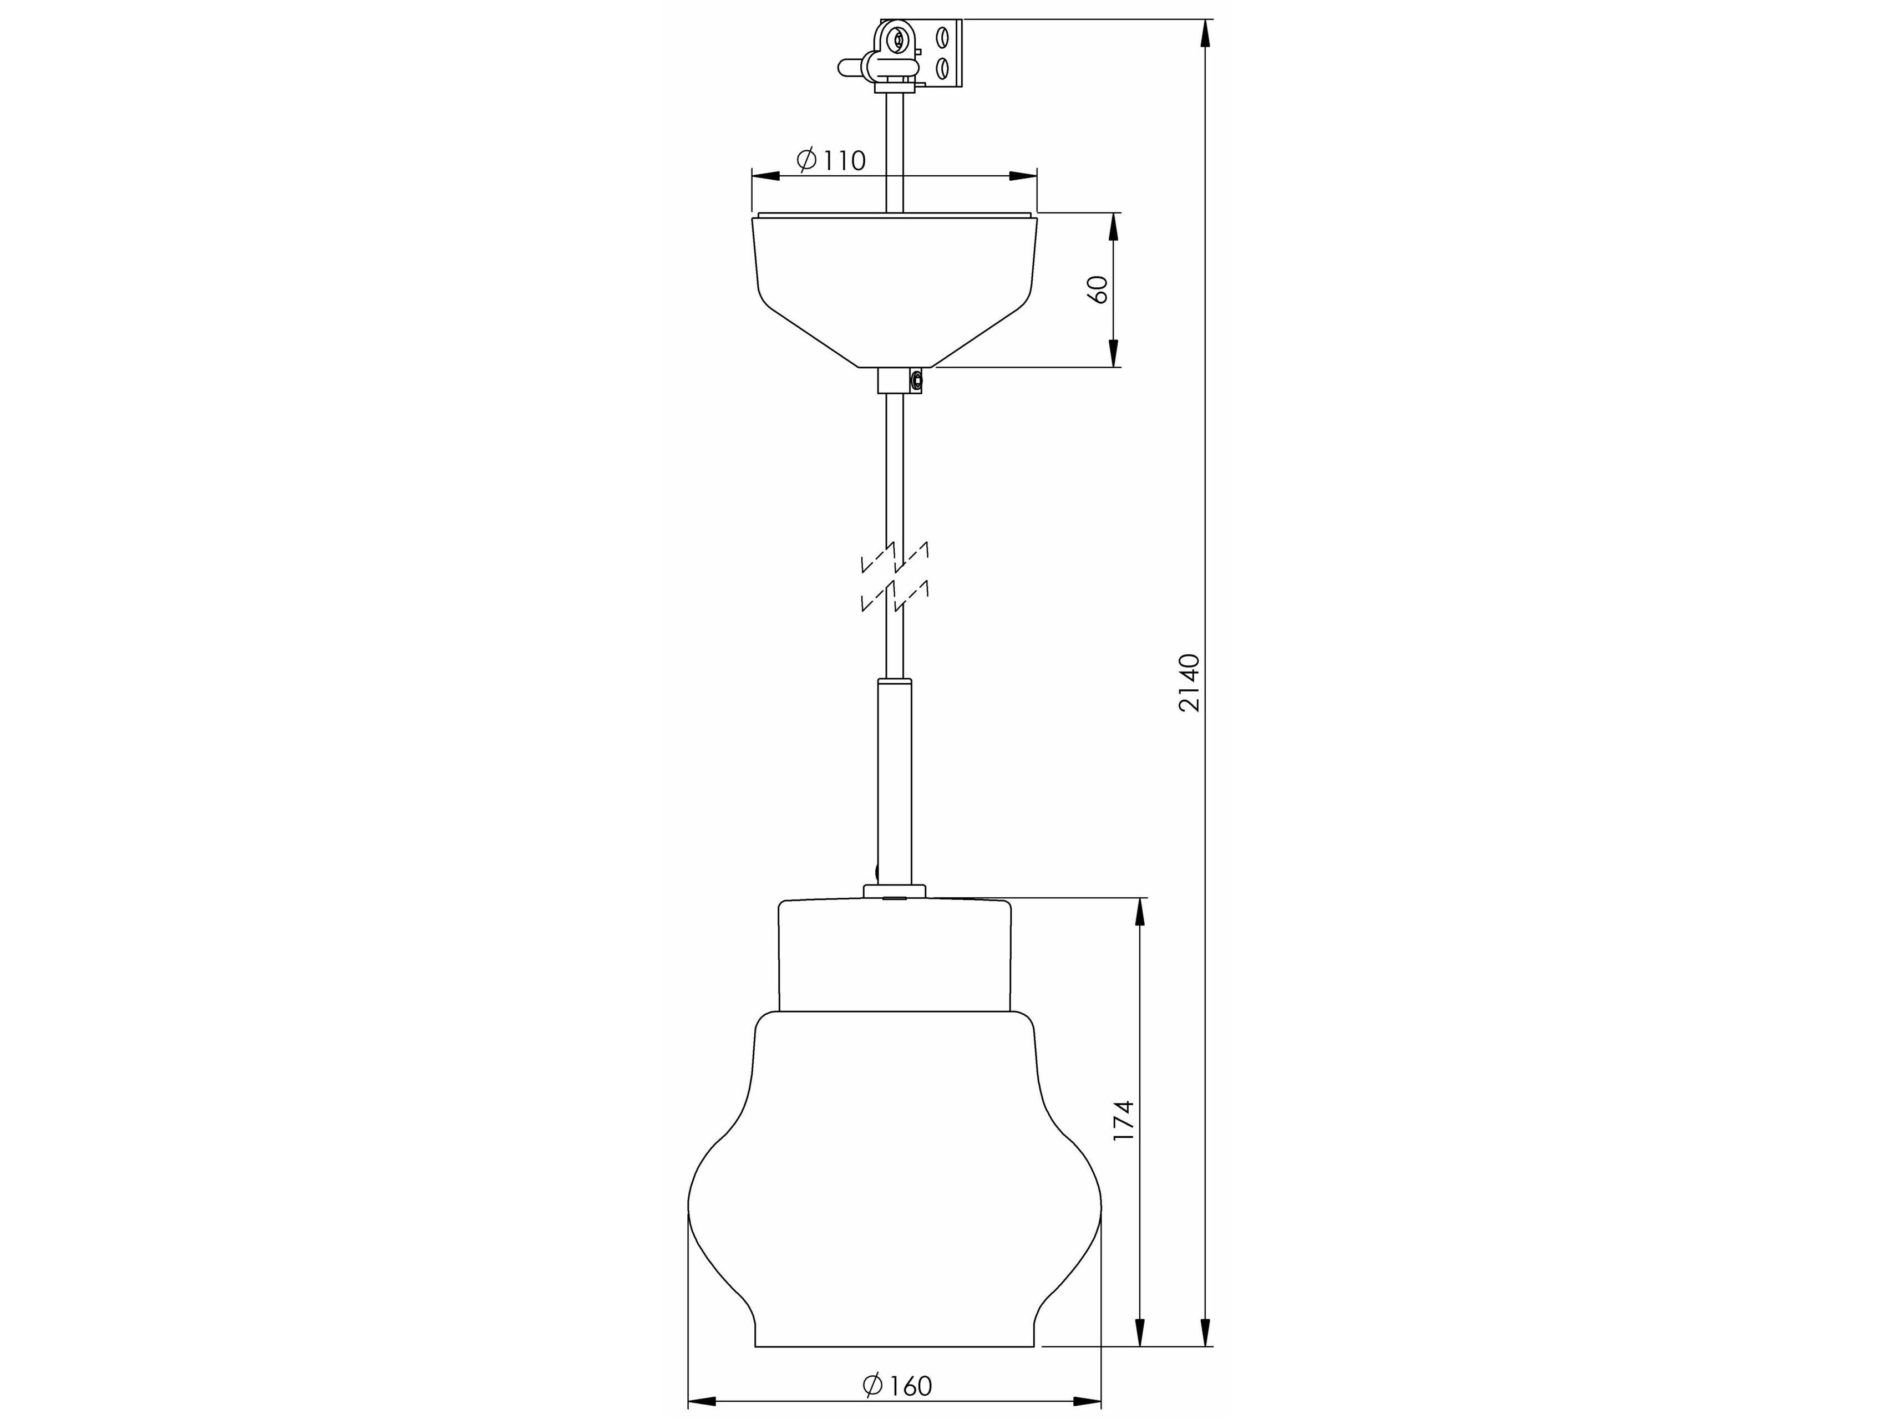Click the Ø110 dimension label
point(831,160)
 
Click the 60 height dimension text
point(1098,289)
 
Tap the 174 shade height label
point(1124,1121)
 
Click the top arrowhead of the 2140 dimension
point(1205,34)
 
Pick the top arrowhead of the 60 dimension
point(1113,227)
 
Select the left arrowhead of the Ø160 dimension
point(702,1401)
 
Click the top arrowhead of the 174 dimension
point(1140,913)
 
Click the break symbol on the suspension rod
point(894,577)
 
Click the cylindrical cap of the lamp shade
point(894,954)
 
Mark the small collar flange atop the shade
point(894,891)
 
